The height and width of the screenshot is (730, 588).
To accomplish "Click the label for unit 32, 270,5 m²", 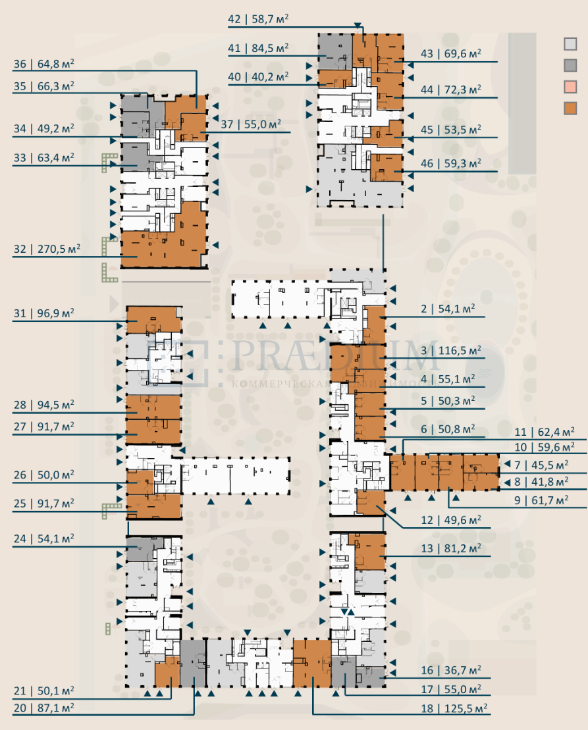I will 47,249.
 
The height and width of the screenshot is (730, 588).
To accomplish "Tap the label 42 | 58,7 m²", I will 259,19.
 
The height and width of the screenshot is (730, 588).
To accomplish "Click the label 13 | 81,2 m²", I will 450,548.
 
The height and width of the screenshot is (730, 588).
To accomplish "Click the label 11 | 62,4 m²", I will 545,432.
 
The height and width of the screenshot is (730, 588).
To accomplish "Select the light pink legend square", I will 570,87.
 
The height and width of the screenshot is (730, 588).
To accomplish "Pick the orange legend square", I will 570,109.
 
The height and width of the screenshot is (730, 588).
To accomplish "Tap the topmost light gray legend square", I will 570,44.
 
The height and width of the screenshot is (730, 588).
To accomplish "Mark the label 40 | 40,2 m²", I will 259,76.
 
